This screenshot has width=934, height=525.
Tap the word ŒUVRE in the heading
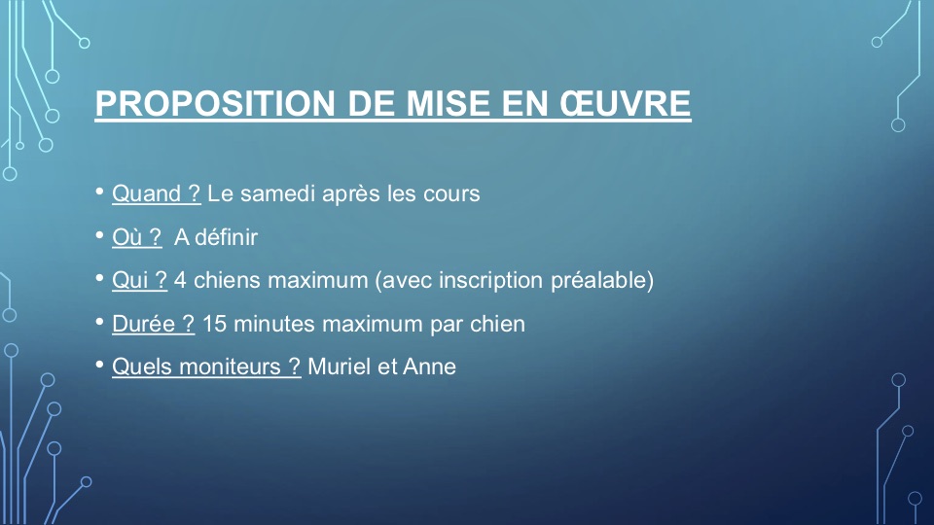tap(625, 103)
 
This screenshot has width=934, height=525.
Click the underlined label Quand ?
tap(156, 193)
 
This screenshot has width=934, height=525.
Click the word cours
tap(451, 194)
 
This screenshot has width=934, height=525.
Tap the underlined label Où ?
tap(136, 237)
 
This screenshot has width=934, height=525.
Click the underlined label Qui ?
tap(139, 280)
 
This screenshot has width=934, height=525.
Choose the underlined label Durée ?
tap(153, 324)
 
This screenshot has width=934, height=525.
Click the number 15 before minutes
tap(214, 325)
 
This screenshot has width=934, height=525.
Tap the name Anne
tap(429, 367)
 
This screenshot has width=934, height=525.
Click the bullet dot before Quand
tap(99, 192)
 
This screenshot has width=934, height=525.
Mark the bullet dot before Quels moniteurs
tap(99, 365)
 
